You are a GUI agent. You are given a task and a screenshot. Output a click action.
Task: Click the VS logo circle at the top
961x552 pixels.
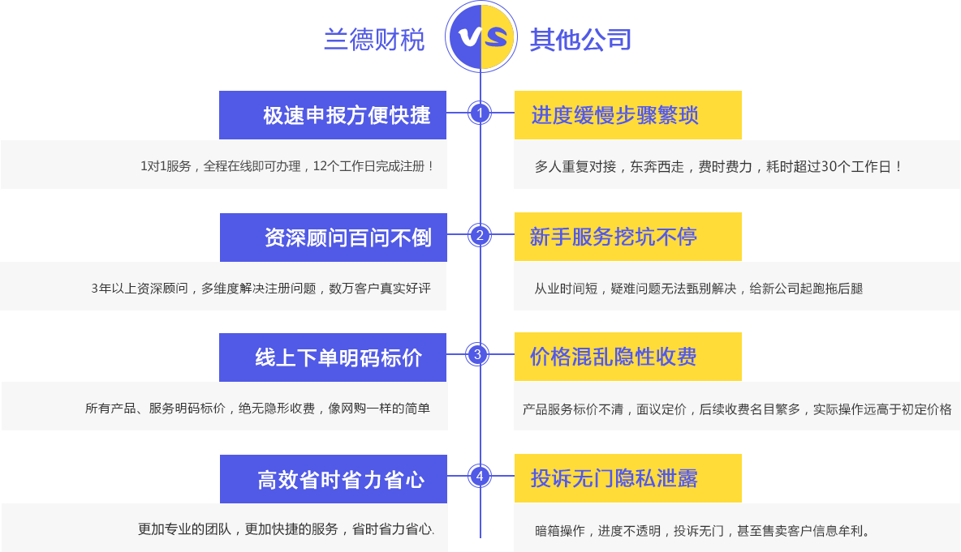coord(481,36)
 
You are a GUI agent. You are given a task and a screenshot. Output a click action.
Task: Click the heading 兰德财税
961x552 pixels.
coord(374,40)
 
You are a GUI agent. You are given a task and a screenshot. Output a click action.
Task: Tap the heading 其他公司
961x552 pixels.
coord(580,40)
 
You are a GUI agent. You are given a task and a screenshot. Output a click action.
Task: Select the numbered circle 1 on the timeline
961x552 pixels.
coord(480,113)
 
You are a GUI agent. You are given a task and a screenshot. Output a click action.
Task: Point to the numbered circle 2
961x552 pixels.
coord(480,235)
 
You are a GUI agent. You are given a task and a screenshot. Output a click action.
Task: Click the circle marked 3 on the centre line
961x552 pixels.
coord(477,354)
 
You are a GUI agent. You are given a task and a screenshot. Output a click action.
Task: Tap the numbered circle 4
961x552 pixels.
coord(480,476)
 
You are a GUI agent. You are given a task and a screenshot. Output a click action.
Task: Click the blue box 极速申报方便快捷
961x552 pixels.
coord(333,115)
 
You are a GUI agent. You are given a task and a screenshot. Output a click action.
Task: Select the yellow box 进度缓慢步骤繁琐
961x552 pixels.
coord(628,115)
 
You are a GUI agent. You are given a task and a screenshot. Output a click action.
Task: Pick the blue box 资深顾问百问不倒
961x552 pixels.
coord(334,237)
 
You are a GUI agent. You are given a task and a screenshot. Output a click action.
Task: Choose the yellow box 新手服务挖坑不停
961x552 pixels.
coord(628,237)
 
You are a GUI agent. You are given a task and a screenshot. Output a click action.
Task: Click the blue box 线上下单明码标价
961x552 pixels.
coord(333,357)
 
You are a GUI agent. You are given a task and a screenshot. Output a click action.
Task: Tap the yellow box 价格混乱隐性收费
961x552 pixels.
coord(628,357)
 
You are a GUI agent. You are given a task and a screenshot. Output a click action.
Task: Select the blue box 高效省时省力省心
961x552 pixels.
coord(334,479)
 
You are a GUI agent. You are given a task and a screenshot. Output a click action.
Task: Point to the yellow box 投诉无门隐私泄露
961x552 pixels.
coord(628,478)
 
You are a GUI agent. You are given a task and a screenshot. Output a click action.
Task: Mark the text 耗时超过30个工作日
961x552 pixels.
coord(830,166)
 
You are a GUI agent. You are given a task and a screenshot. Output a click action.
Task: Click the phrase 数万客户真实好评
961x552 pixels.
coord(380,289)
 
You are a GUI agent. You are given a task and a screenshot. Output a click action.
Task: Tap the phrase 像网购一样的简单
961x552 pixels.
coord(379,409)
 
